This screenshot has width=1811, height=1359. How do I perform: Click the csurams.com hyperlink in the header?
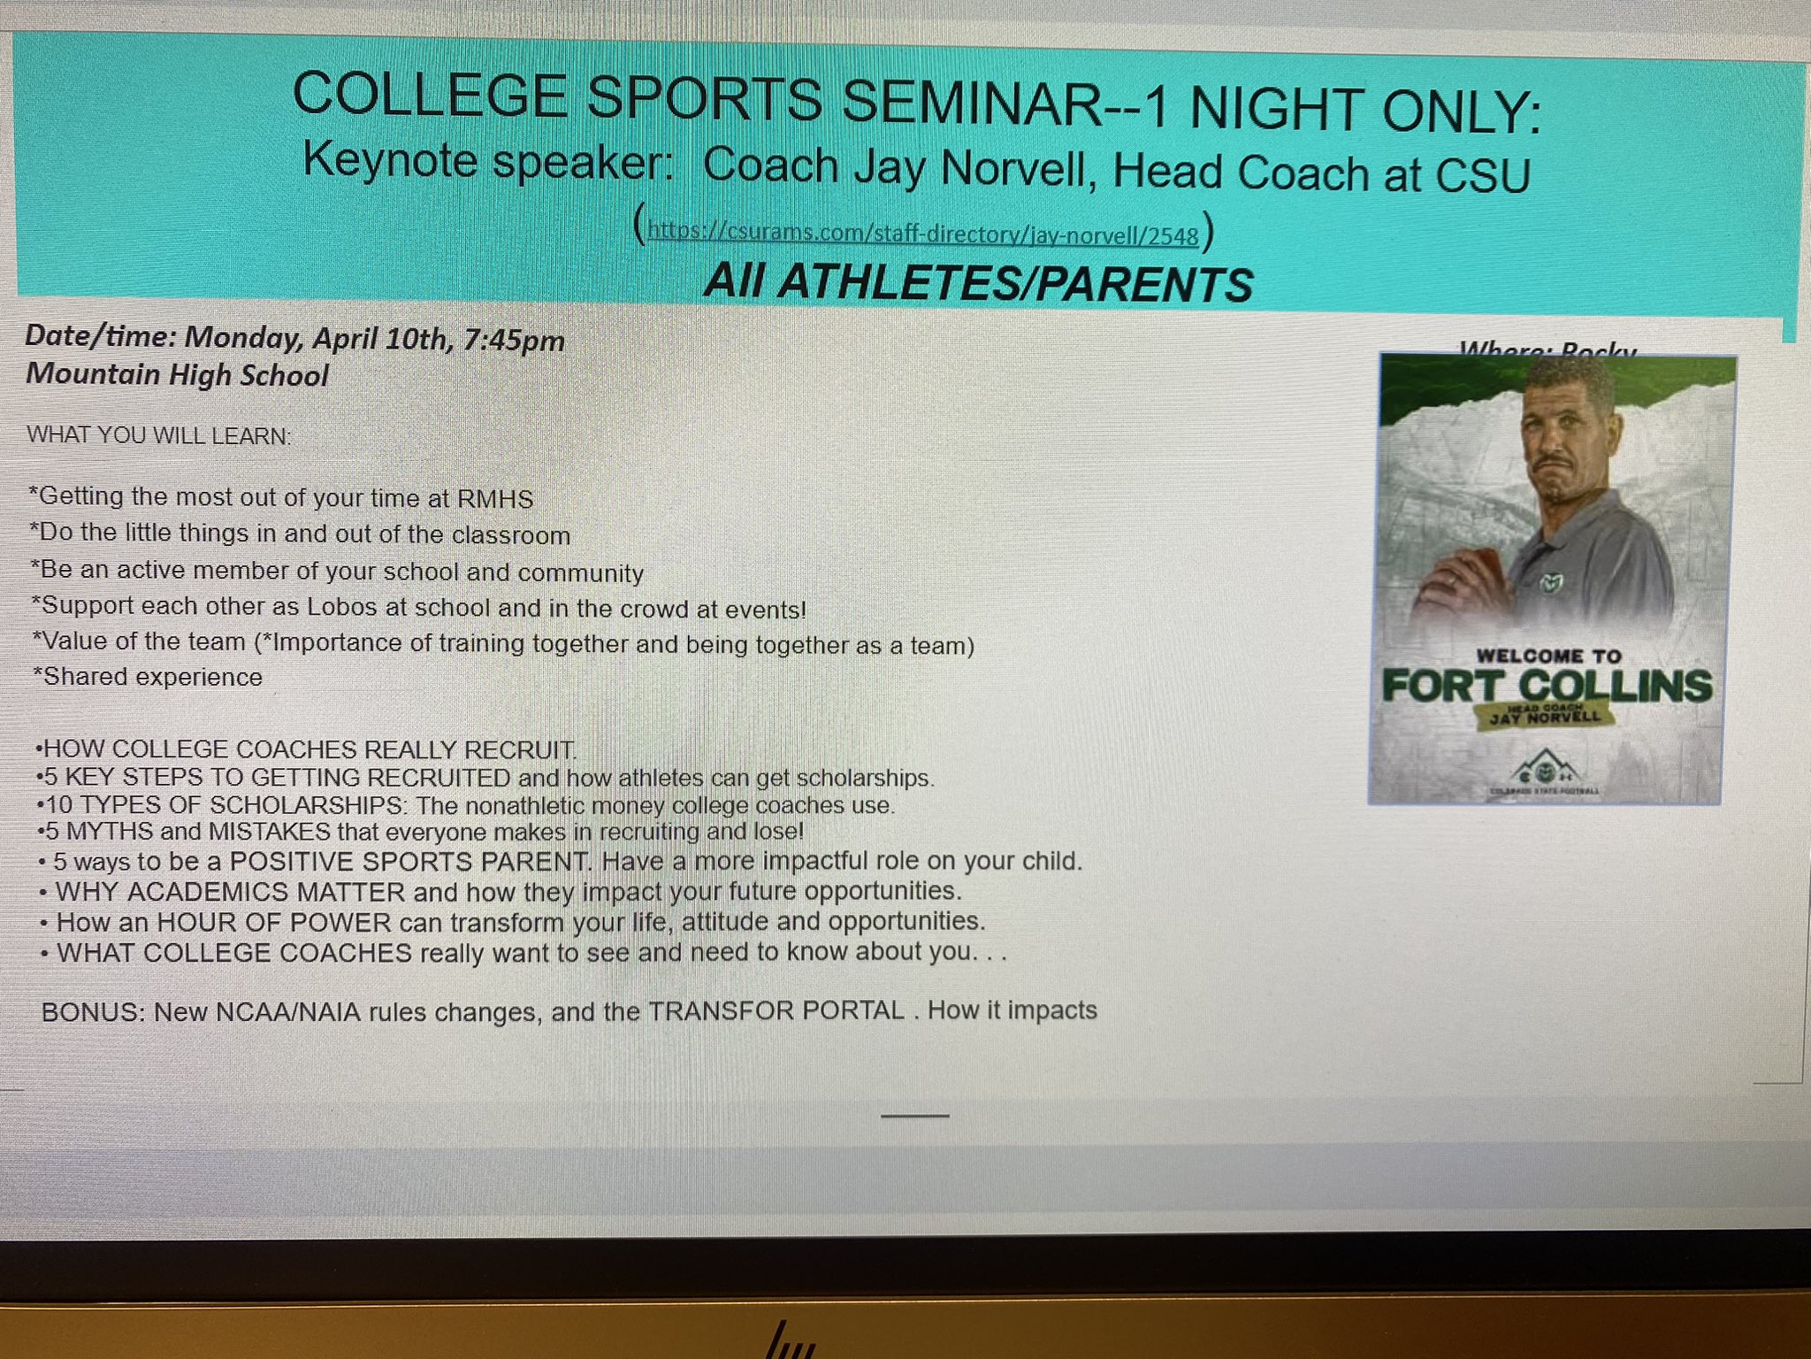click(922, 234)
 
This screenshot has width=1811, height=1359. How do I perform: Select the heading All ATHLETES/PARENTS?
click(978, 283)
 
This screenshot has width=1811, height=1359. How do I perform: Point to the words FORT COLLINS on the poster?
click(1547, 686)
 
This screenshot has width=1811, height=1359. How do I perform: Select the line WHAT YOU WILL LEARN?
click(158, 435)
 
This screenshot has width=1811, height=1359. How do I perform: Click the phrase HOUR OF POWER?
click(274, 923)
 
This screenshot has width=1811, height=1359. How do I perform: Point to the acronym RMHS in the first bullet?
click(494, 499)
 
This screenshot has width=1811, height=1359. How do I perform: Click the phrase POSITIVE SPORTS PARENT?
click(409, 861)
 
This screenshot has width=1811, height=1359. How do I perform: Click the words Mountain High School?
click(177, 375)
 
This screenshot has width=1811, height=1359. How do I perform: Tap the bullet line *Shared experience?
click(148, 677)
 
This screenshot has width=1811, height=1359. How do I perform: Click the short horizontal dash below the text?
click(915, 1116)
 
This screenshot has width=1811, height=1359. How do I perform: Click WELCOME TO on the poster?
click(1548, 656)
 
